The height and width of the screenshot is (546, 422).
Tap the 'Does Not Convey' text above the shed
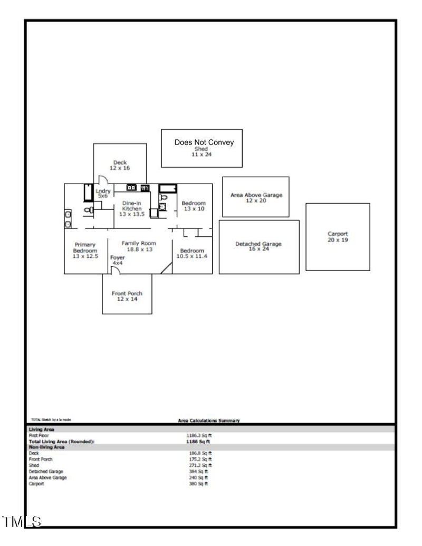tap(204, 142)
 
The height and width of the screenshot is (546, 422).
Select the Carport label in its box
tap(338, 234)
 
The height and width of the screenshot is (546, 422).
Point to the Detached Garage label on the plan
tap(258, 244)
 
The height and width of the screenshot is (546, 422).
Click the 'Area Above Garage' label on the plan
tap(256, 195)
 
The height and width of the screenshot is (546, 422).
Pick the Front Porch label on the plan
tap(127, 293)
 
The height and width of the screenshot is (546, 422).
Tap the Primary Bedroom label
tap(84, 247)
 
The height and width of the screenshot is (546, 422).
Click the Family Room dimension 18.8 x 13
tap(139, 249)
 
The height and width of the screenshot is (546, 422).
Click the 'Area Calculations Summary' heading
tap(209, 420)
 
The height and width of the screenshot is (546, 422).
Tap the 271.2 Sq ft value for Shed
tap(200, 465)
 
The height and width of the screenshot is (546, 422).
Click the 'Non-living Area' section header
tap(46, 447)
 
